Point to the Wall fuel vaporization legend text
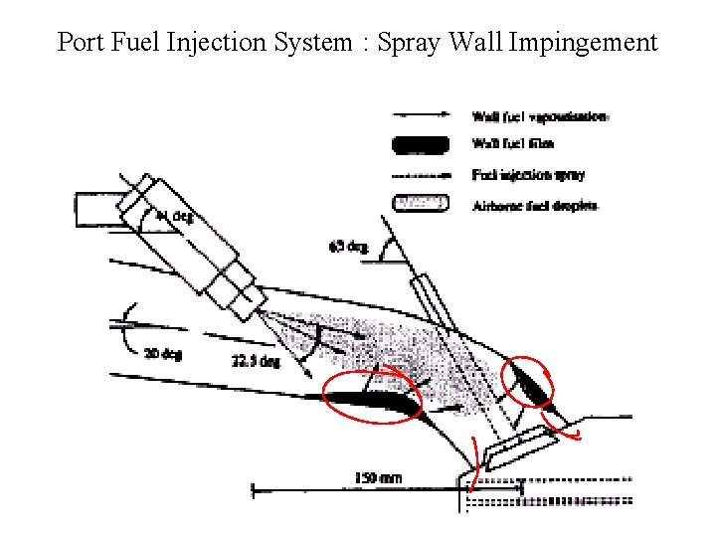pos(539,116)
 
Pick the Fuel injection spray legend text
pos(528,175)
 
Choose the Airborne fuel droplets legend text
pos(534,206)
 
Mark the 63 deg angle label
pos(349,245)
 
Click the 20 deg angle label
pos(162,353)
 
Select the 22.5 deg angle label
pos(256,361)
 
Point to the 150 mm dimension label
pos(378,478)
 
